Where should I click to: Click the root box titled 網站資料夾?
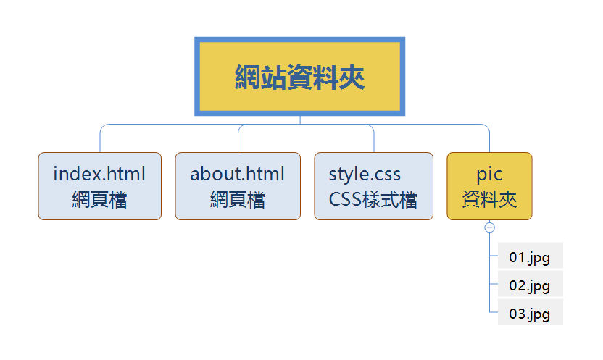point(299,77)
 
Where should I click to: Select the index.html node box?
point(99,186)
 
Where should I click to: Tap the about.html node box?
point(238,186)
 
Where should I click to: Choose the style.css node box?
point(373,186)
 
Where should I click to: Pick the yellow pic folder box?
point(490,186)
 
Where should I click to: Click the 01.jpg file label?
point(530,257)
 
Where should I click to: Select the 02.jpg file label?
point(530,285)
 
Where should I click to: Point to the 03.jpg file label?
point(530,314)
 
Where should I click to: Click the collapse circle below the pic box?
point(490,227)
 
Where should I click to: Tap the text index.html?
point(99,174)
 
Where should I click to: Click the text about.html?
point(238,174)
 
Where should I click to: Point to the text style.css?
point(365,174)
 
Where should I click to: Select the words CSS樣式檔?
point(373,199)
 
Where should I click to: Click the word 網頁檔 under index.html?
point(99,199)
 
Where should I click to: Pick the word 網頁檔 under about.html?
point(238,199)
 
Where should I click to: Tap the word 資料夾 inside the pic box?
point(490,199)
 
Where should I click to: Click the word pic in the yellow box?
point(490,174)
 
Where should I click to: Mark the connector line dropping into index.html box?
point(99,141)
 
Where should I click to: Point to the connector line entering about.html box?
point(238,141)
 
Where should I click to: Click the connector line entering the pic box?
point(490,141)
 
